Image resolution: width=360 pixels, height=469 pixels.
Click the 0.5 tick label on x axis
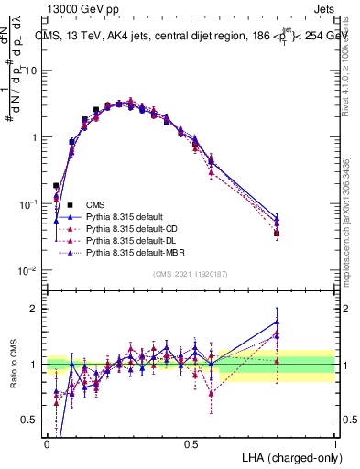tap(191, 442)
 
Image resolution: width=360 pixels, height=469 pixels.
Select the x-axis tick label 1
tap(335, 442)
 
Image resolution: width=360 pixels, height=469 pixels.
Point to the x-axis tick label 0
tap(47, 442)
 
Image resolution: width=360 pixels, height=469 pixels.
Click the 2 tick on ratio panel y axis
tap(34, 309)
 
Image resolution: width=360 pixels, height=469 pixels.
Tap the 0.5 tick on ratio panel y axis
tap(30, 420)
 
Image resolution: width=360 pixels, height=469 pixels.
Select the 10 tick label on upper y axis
tap(30, 71)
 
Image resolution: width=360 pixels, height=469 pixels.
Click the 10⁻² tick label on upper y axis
tap(28, 270)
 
